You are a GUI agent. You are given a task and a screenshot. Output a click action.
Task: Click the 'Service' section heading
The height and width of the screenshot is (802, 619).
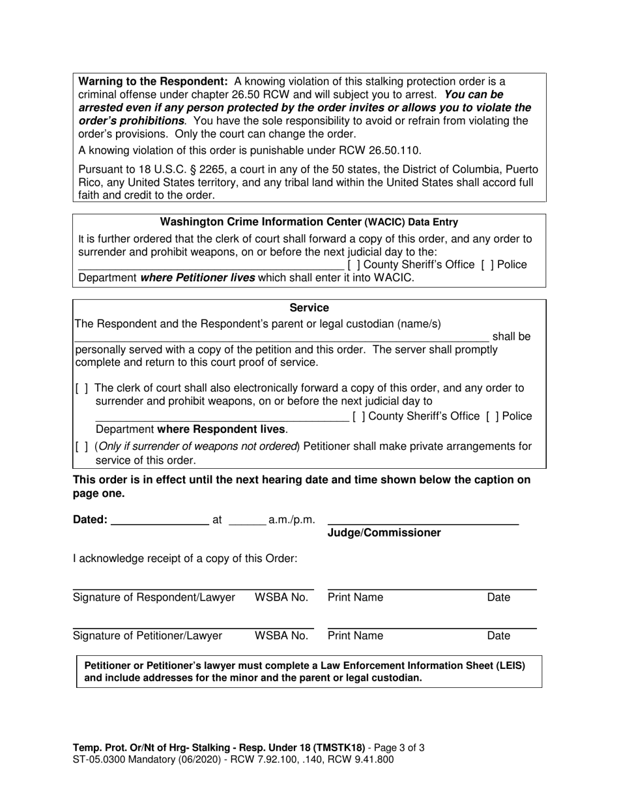tap(309, 308)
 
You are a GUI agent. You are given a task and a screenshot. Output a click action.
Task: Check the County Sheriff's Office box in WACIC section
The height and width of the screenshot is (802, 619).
tap(353, 265)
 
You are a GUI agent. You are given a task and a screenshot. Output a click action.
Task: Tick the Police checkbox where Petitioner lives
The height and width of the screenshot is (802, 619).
tap(487, 265)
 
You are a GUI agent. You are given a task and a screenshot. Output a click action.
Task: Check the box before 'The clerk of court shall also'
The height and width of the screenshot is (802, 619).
tap(82, 389)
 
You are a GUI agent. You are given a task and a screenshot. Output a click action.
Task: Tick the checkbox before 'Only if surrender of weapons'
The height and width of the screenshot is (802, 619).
tap(82, 447)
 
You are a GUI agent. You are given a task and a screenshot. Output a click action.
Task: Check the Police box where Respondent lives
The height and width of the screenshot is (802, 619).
tap(492, 416)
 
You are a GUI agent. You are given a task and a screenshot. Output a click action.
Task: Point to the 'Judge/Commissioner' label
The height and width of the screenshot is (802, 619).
tap(384, 533)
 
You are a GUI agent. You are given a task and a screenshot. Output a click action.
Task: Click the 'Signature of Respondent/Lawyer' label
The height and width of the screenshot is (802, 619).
tap(154, 598)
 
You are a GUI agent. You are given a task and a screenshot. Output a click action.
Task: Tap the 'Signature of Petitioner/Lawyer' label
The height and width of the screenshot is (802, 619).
tap(147, 636)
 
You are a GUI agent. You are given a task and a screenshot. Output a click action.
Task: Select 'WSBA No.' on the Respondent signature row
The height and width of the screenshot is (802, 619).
tap(281, 598)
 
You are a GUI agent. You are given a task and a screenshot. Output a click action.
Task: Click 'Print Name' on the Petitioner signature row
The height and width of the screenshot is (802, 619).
tap(355, 636)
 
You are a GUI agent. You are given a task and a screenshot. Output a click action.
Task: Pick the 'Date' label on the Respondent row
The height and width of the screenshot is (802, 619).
tap(498, 598)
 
